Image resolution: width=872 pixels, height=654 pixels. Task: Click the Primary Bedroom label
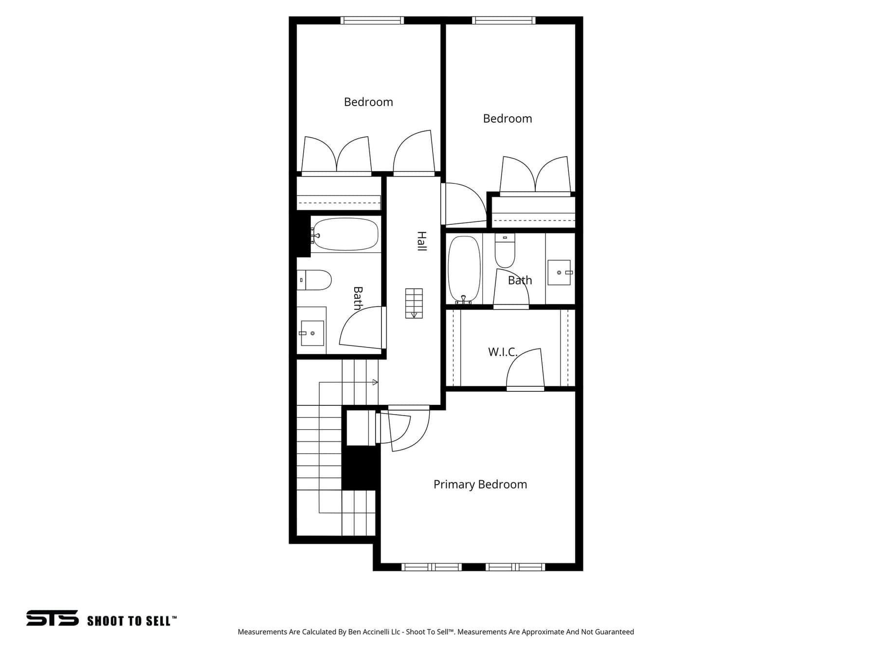click(x=480, y=485)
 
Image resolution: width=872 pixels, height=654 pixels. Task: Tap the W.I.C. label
click(x=503, y=352)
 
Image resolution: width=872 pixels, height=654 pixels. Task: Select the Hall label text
click(x=421, y=241)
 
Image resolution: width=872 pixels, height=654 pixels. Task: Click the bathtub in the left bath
click(x=345, y=234)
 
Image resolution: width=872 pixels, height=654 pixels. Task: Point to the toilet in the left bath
click(x=314, y=280)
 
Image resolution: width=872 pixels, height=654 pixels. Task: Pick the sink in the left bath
click(x=312, y=333)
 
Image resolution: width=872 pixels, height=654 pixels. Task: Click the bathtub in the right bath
click(x=464, y=269)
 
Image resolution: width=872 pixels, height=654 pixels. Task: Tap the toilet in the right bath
click(x=505, y=251)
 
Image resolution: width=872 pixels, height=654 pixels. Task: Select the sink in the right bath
click(x=560, y=272)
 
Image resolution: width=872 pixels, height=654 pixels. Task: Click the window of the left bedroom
click(x=372, y=20)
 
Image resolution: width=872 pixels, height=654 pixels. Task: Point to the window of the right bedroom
click(x=504, y=20)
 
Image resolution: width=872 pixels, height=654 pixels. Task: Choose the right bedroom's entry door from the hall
click(x=464, y=204)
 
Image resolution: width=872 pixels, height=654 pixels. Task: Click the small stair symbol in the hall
click(x=414, y=304)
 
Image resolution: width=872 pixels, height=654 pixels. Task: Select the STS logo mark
click(x=53, y=618)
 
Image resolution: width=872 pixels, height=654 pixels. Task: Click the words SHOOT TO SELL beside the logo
click(x=129, y=621)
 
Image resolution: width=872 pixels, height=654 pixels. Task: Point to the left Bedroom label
click(x=368, y=102)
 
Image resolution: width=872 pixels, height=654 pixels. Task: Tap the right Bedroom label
click(x=508, y=119)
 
